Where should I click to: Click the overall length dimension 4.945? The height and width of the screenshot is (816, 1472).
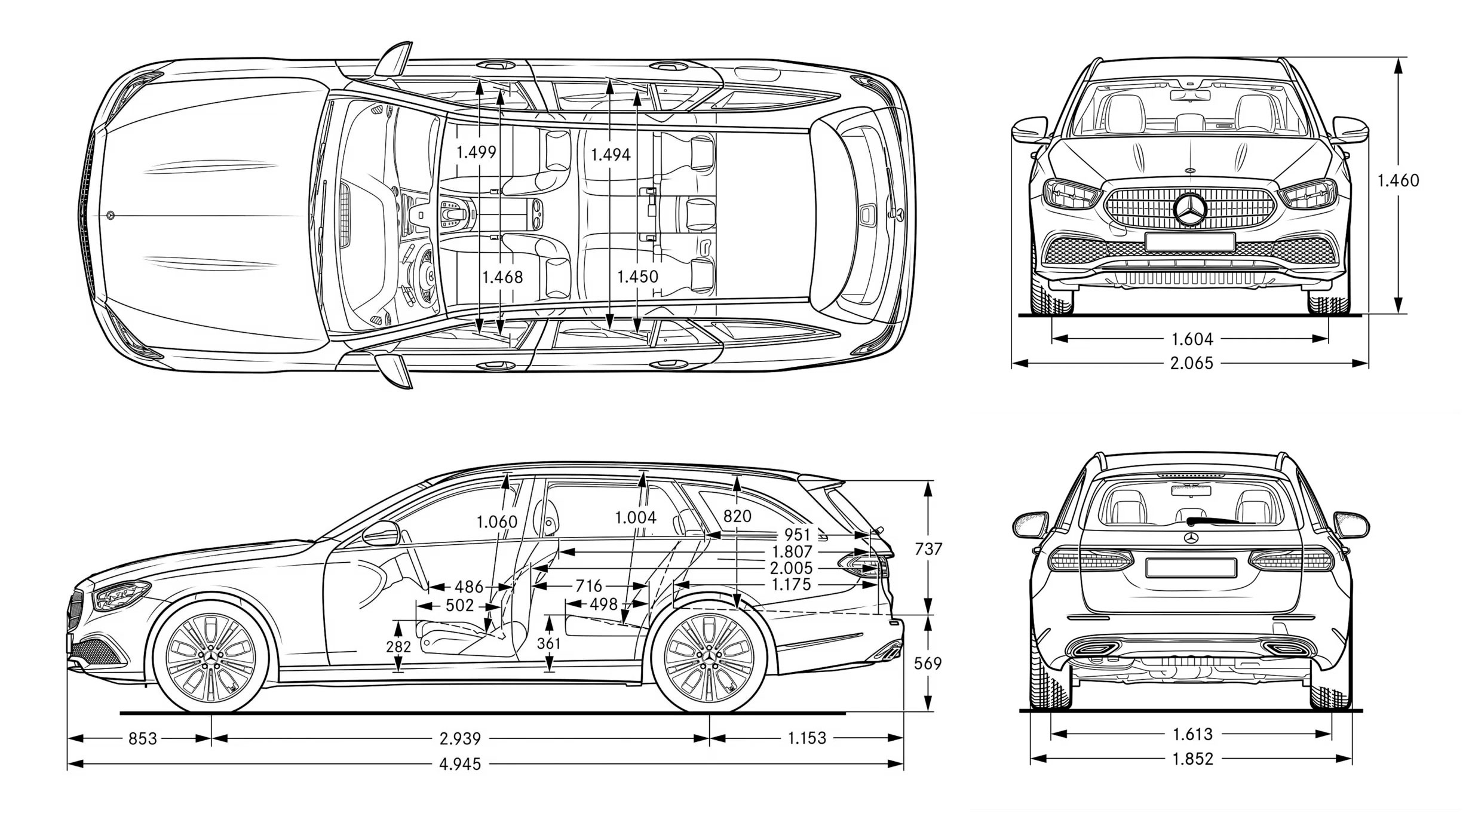point(460,764)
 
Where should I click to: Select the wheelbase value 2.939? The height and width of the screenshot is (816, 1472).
point(460,739)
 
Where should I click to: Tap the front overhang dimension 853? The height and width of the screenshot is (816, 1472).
point(143,739)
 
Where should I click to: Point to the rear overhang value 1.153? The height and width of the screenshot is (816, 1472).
point(806,738)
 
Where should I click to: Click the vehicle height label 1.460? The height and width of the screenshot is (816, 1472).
point(1398,180)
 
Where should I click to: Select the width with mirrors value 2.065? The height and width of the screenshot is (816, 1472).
point(1192,363)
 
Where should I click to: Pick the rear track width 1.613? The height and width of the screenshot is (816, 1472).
point(1192,734)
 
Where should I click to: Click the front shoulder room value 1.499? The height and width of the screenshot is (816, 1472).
point(476,152)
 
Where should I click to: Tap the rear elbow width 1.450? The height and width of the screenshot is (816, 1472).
point(637,277)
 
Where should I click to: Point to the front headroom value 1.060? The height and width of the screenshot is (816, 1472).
point(496,522)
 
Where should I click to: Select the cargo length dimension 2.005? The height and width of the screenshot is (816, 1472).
point(791,568)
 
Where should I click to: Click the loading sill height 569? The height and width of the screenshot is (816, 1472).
point(928,664)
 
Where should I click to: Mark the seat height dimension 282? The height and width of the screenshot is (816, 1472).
point(398,647)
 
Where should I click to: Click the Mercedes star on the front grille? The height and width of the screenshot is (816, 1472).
point(1190,209)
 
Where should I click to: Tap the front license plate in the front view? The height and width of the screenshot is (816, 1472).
point(1190,242)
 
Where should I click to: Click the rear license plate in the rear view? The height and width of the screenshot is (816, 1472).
point(1191,567)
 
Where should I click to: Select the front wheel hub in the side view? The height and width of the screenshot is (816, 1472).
point(211,658)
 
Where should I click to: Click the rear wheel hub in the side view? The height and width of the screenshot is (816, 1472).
point(709,658)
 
